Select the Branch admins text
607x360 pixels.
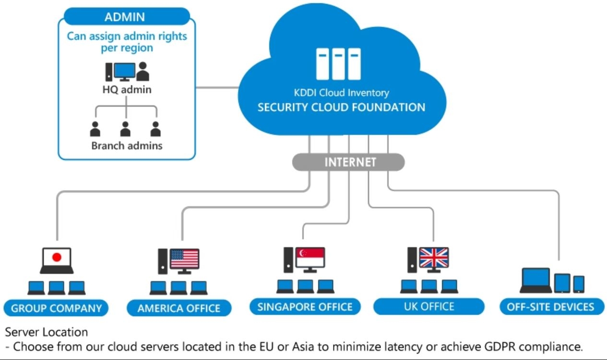[127, 145]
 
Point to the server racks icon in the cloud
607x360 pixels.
[338, 63]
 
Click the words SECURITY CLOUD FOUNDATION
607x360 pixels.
[341, 107]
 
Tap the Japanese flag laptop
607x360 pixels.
[57, 260]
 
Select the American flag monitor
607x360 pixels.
[184, 259]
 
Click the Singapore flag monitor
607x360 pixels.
[309, 258]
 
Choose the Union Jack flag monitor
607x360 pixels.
[433, 258]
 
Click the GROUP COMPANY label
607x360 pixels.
[56, 308]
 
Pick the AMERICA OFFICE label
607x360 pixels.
[179, 308]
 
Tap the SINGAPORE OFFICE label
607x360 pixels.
[305, 306]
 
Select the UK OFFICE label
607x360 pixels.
[429, 306]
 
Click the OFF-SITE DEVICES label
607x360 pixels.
[550, 307]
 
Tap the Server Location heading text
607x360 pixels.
[47, 332]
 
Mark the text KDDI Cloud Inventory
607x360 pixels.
[341, 93]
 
